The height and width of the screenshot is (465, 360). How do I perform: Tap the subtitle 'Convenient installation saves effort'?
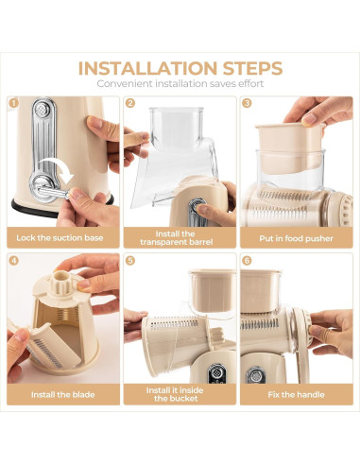click(x=180, y=84)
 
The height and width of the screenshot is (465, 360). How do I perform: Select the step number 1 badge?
click(x=14, y=103)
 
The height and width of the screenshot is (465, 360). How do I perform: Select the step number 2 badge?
click(x=130, y=103)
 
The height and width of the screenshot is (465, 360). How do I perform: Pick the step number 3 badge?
click(x=247, y=103)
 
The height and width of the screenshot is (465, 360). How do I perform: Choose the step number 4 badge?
click(x=14, y=259)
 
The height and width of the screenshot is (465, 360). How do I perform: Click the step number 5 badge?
click(x=130, y=259)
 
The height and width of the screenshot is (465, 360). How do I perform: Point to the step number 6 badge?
click(x=247, y=259)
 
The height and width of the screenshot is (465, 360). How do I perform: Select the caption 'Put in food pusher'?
click(x=296, y=238)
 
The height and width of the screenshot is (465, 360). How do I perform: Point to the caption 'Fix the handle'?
click(x=296, y=393)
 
